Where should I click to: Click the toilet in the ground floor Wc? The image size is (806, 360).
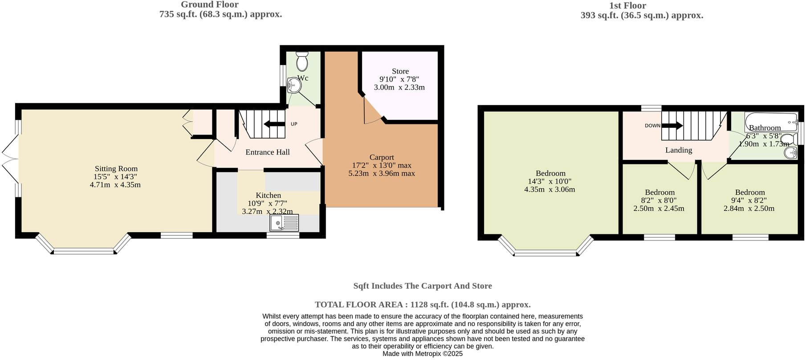point(302,61)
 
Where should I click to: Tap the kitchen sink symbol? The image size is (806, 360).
point(284,223)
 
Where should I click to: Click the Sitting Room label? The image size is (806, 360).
point(116,169)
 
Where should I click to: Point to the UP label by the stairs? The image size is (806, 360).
point(294,124)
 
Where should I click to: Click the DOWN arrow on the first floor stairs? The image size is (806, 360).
point(672,126)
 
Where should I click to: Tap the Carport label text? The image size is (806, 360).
point(382,157)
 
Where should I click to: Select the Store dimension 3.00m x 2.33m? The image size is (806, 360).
point(399,87)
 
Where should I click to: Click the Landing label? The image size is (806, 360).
point(678,150)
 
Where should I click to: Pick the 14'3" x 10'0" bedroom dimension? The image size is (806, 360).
point(550,181)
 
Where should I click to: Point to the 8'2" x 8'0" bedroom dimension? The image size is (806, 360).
point(659,200)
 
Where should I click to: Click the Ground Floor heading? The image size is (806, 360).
point(209,5)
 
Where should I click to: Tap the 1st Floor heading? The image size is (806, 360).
point(627,6)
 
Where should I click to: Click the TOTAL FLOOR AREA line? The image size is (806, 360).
point(423,305)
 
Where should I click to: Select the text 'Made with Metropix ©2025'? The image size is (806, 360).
point(423,354)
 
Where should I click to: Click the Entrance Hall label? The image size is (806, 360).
point(268,152)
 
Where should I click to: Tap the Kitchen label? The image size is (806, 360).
point(268,196)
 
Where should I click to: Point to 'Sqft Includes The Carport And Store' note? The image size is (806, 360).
point(423,286)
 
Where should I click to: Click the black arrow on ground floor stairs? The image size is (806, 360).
point(273,124)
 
